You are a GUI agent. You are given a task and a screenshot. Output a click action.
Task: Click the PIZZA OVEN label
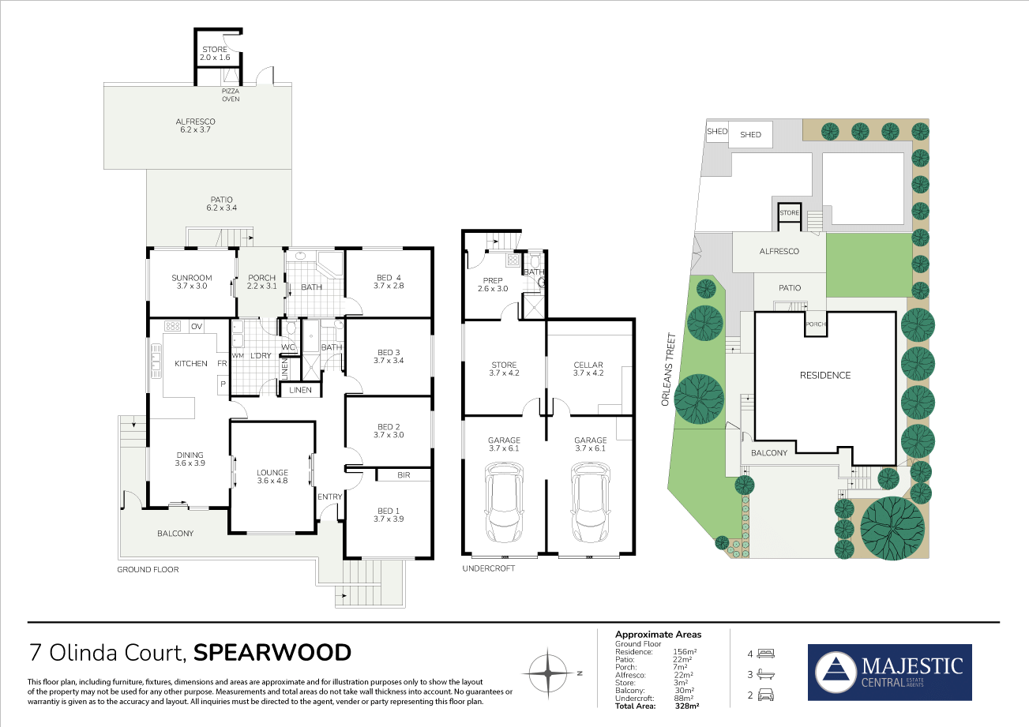tap(231, 95)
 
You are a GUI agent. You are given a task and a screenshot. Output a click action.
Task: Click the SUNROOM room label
tap(192, 278)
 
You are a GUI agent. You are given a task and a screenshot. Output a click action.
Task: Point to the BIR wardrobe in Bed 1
tap(404, 475)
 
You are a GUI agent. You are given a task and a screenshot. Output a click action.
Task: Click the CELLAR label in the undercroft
tap(588, 365)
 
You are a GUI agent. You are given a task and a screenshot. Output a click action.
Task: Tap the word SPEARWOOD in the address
tap(272, 653)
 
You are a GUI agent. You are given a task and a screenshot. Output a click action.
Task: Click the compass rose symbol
tap(548, 673)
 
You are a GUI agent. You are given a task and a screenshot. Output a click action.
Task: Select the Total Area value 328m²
tap(687, 706)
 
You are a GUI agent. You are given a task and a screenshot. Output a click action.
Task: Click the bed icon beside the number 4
tap(766, 653)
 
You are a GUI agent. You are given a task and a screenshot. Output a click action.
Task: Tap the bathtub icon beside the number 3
tap(766, 674)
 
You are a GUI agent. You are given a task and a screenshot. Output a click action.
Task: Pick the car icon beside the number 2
tap(766, 695)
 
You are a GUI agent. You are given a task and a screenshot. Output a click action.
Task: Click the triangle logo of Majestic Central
tap(836, 672)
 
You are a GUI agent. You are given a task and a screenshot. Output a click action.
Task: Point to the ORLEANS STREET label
tap(669, 369)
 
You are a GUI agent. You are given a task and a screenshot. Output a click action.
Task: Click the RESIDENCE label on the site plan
tap(825, 375)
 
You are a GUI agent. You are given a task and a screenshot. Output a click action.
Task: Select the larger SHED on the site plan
tap(750, 134)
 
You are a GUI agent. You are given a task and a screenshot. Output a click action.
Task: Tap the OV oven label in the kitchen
tap(197, 327)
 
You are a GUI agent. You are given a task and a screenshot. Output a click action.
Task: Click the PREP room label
tap(493, 280)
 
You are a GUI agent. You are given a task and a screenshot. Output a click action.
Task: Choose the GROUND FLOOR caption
tap(148, 569)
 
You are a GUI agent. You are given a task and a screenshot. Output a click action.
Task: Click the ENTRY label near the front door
tap(330, 497)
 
